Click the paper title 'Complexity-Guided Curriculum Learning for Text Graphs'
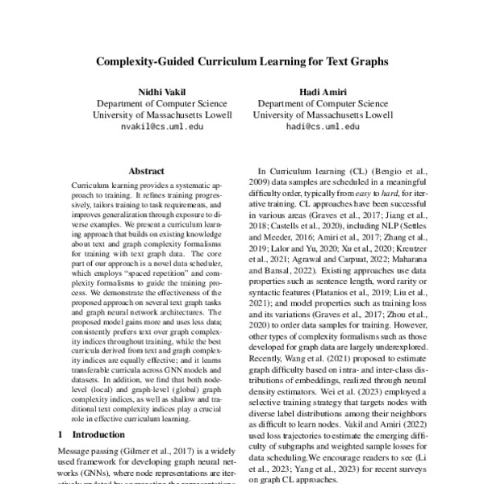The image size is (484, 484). tap(242, 60)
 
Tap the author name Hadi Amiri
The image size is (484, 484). tap(319, 91)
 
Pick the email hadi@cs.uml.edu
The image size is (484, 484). tap(319, 127)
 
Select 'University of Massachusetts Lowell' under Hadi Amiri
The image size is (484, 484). tap(319, 115)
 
